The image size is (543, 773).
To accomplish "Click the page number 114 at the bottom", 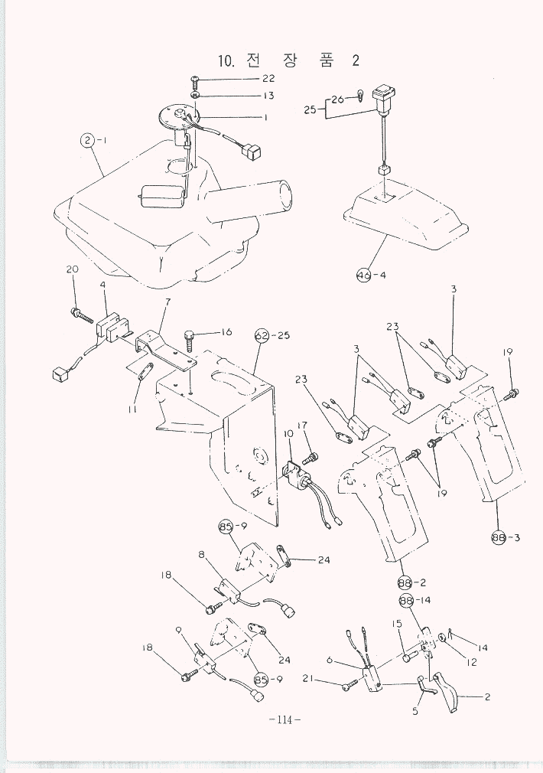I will tap(285, 719).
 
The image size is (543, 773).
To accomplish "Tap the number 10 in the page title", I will tap(226, 61).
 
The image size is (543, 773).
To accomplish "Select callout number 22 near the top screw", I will tap(268, 79).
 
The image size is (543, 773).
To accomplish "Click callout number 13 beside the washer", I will tap(268, 96).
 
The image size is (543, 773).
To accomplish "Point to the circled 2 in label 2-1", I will tap(89, 140).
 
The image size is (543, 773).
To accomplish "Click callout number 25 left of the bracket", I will tap(310, 109).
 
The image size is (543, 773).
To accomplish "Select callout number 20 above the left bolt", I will tap(73, 269).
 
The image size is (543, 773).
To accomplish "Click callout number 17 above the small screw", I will tap(301, 426).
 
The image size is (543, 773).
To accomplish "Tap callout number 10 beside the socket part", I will tap(288, 434).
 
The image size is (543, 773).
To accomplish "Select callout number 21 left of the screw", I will tap(307, 678).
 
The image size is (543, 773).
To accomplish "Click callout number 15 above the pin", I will tap(398, 624).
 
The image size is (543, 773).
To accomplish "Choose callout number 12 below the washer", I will tap(472, 662).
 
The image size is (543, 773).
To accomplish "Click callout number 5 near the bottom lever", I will tap(415, 710).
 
